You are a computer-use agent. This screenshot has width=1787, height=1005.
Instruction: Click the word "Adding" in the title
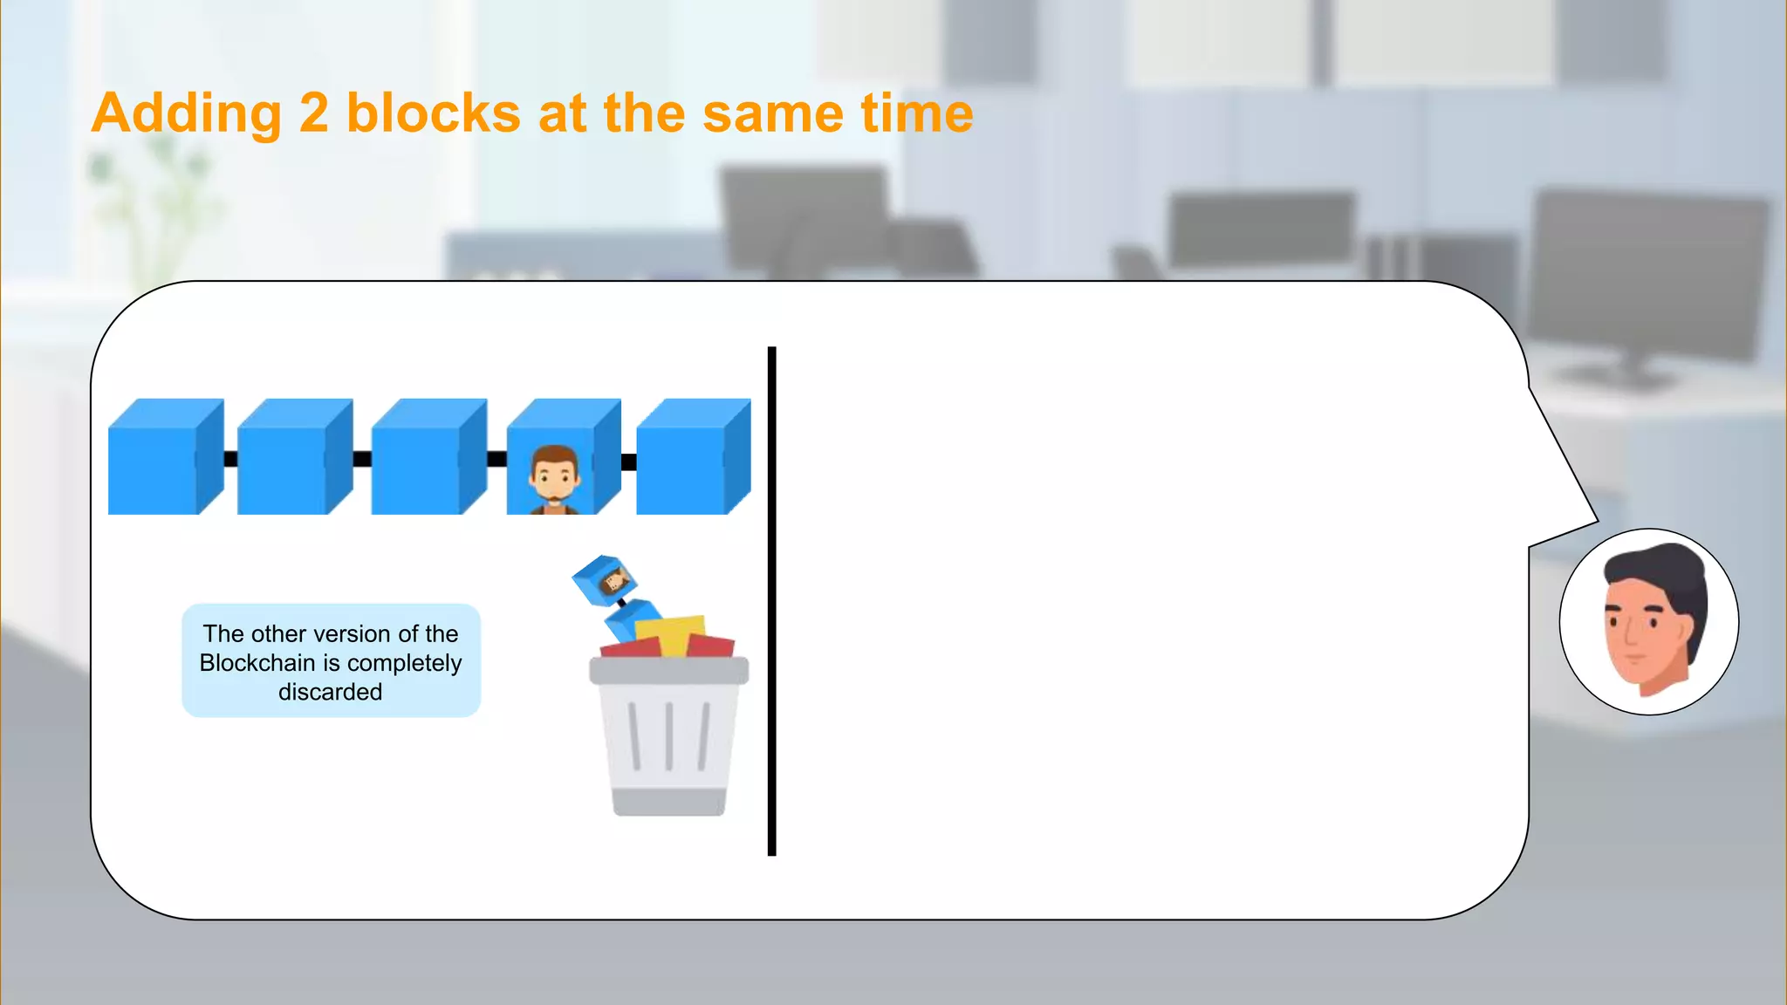tap(186, 114)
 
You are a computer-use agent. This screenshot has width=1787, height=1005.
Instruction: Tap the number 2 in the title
tap(313, 114)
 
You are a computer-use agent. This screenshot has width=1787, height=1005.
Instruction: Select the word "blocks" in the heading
tap(434, 114)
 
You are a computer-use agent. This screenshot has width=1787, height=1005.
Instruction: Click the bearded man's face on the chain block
tap(554, 475)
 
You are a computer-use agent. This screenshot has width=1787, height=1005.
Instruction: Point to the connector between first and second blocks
tap(230, 459)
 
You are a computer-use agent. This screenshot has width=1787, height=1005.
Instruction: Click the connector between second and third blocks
tap(362, 459)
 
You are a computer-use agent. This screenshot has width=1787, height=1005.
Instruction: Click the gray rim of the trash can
tap(668, 670)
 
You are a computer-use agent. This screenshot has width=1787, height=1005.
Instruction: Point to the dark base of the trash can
tap(669, 801)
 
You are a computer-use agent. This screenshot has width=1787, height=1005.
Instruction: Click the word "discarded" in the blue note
tap(331, 692)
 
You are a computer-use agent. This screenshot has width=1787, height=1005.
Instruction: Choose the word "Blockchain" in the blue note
tap(257, 663)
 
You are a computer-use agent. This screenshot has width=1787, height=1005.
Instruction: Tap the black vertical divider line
tap(771, 601)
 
